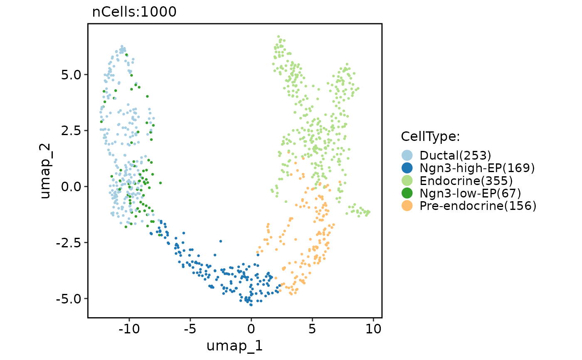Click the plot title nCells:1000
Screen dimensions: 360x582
134,12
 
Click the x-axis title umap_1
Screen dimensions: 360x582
234,346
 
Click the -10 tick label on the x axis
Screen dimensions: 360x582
129,329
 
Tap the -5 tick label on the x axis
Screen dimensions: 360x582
190,329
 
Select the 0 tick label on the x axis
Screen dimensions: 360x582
251,329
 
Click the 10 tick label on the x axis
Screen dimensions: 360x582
373,329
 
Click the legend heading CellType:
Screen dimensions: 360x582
430,136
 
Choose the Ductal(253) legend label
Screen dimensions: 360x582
456,155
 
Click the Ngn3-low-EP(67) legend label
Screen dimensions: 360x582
471,193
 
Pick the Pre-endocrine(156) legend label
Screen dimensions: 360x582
478,205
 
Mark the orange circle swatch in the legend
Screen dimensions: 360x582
407,205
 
